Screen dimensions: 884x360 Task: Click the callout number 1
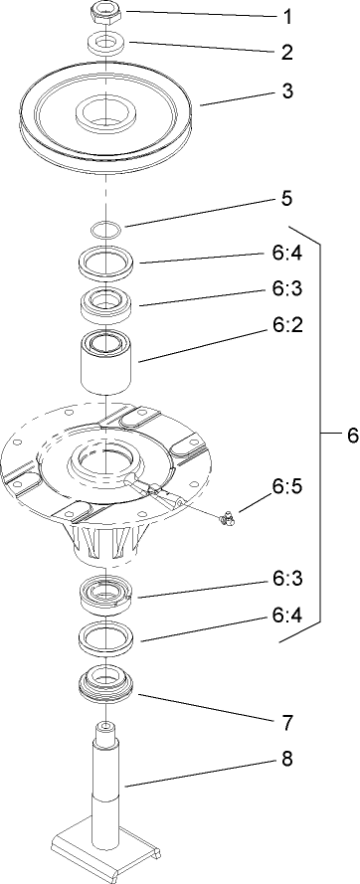[x=287, y=17]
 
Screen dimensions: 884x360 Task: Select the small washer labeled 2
[x=104, y=43]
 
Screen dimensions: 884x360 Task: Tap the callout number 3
[x=287, y=90]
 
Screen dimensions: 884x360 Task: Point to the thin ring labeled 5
[x=104, y=230]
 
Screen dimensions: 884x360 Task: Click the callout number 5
[x=286, y=198]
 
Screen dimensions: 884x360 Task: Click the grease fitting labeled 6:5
[x=226, y=515]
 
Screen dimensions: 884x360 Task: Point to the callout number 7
[x=287, y=717]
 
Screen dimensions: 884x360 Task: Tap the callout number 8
[x=287, y=764]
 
